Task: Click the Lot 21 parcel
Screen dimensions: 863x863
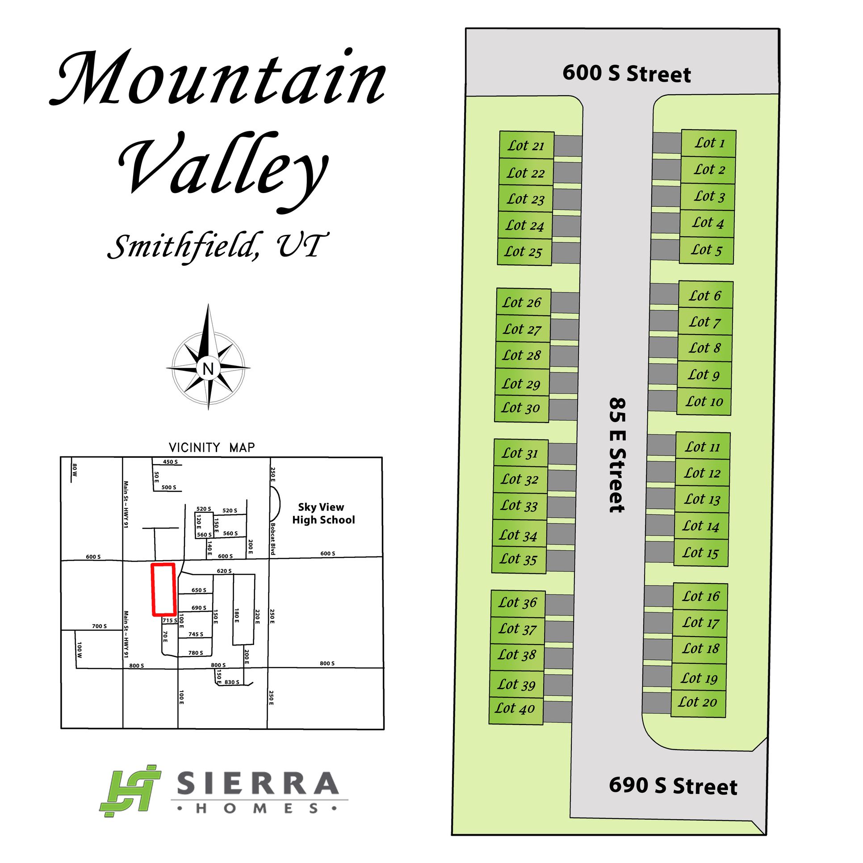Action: (x=526, y=146)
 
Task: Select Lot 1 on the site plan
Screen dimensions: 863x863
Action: (x=708, y=143)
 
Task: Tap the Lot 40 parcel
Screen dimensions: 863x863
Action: (x=515, y=708)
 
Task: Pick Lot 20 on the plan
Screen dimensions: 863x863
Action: (x=698, y=702)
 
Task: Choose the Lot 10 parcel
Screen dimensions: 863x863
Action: (x=704, y=402)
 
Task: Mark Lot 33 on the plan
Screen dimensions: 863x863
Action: (x=519, y=506)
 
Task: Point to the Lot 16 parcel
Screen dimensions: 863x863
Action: (x=700, y=596)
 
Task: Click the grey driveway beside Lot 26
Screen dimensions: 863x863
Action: (x=565, y=303)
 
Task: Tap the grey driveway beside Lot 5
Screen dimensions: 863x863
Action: (x=665, y=250)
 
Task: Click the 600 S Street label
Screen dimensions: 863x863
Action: (x=627, y=73)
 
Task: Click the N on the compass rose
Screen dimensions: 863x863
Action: (x=208, y=369)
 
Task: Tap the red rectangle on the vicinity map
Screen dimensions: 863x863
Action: (x=163, y=589)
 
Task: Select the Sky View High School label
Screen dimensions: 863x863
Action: (x=323, y=513)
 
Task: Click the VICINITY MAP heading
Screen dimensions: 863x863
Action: (x=212, y=447)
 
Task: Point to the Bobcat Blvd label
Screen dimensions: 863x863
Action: (x=273, y=539)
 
